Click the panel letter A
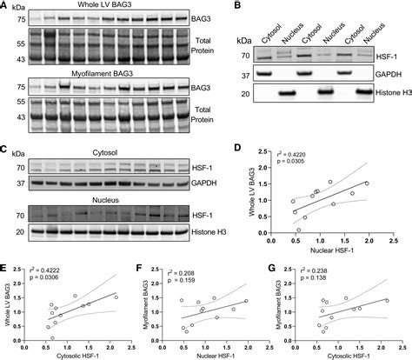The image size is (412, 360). click(5, 6)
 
